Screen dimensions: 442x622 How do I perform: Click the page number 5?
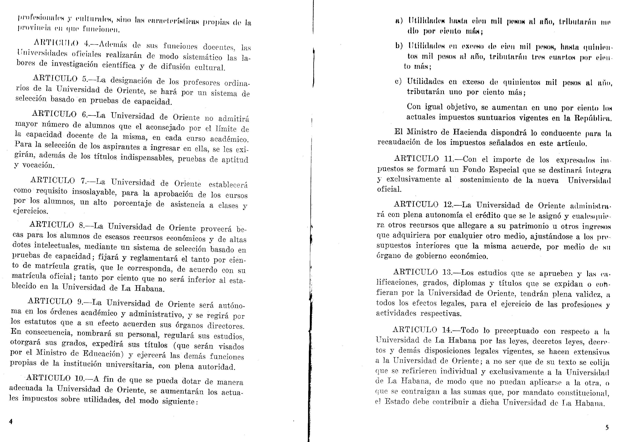[x=607, y=428]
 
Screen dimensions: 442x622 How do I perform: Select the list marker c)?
[x=398, y=81]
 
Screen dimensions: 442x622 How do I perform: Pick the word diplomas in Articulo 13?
[x=469, y=283]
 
